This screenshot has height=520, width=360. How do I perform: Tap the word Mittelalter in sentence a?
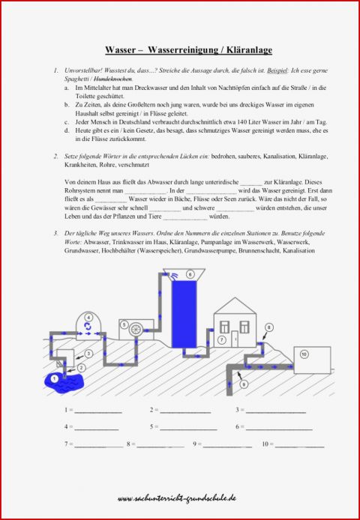[x=92, y=88]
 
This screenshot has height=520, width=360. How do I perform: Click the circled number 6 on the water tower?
[x=190, y=274]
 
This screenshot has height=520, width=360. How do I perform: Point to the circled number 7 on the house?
[x=222, y=339]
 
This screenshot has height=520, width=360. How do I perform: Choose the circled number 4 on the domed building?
[x=88, y=317]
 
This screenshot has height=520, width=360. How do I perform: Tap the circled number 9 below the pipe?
[x=243, y=384]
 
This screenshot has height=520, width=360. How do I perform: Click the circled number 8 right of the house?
[x=268, y=327]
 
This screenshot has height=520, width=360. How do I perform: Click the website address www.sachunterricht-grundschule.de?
[x=178, y=498]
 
